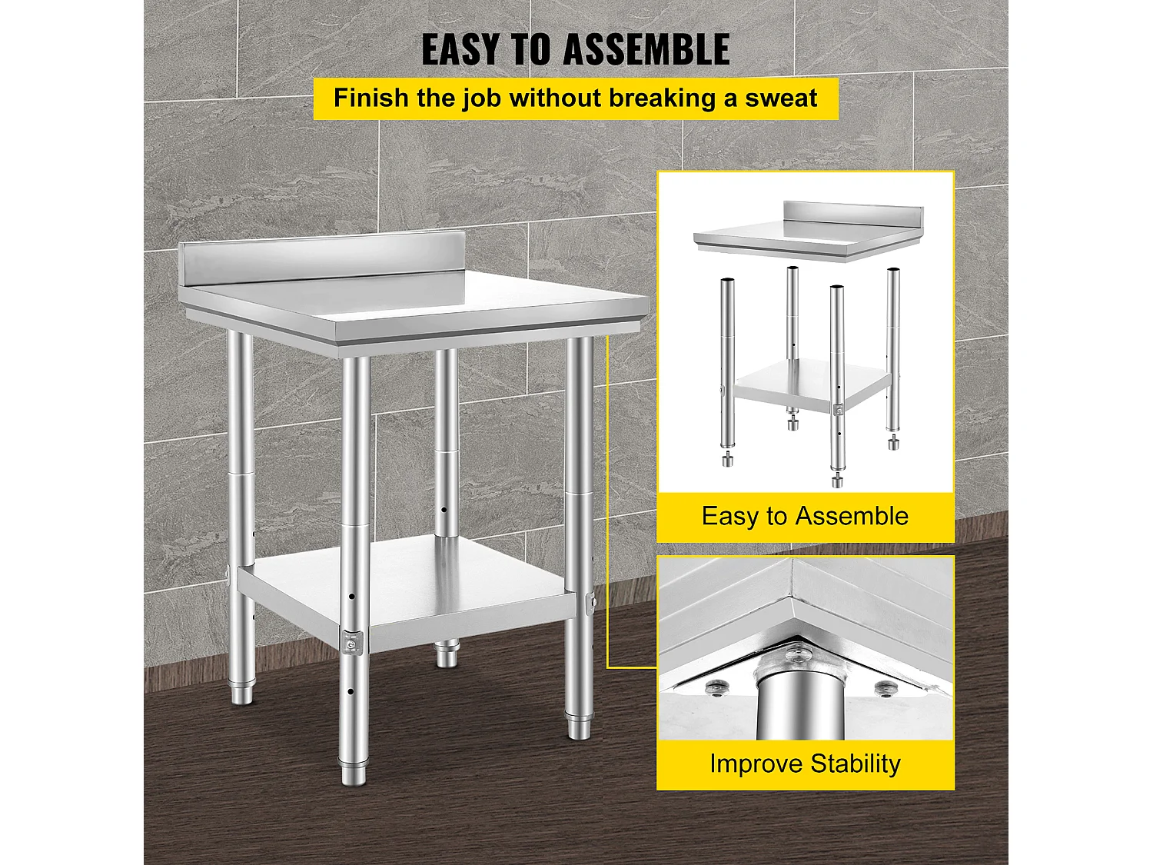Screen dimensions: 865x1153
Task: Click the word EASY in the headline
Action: (460, 50)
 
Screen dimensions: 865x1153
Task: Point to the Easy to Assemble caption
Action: (805, 516)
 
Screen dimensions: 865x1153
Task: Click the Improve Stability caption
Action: (805, 764)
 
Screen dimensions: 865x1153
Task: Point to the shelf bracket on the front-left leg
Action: (352, 642)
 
